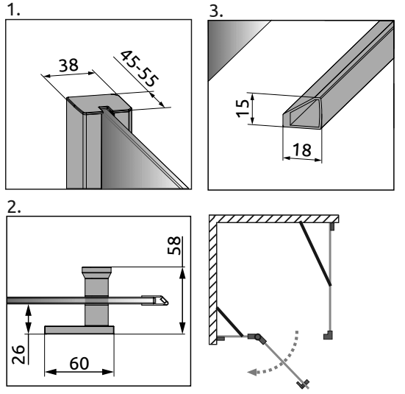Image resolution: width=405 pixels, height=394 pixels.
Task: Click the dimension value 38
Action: click(68, 66)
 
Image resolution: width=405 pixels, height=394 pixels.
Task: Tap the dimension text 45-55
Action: click(139, 68)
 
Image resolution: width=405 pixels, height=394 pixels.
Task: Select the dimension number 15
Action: click(243, 108)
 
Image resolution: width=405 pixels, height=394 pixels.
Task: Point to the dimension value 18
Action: click(301, 150)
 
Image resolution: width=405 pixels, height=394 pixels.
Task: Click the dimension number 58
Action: click(174, 245)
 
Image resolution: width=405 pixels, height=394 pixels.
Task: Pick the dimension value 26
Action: click(18, 354)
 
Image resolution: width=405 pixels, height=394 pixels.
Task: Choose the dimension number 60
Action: click(79, 363)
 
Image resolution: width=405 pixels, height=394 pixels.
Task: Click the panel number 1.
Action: click(13, 10)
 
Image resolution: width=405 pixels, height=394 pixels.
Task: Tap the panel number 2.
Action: click(14, 207)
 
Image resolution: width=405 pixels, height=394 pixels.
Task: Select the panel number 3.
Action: click(216, 11)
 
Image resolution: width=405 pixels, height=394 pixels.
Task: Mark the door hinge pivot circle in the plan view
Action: click(257, 337)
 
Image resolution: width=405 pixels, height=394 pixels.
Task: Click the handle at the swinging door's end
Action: click(303, 384)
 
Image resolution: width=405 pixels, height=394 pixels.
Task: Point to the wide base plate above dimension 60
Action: click(79, 330)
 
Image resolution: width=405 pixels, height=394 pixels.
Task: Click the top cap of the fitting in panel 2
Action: click(96, 270)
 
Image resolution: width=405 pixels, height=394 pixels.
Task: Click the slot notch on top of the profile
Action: click(104, 108)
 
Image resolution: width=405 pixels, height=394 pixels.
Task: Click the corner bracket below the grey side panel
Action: click(329, 335)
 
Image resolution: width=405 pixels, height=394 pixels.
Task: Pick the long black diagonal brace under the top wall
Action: click(315, 253)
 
